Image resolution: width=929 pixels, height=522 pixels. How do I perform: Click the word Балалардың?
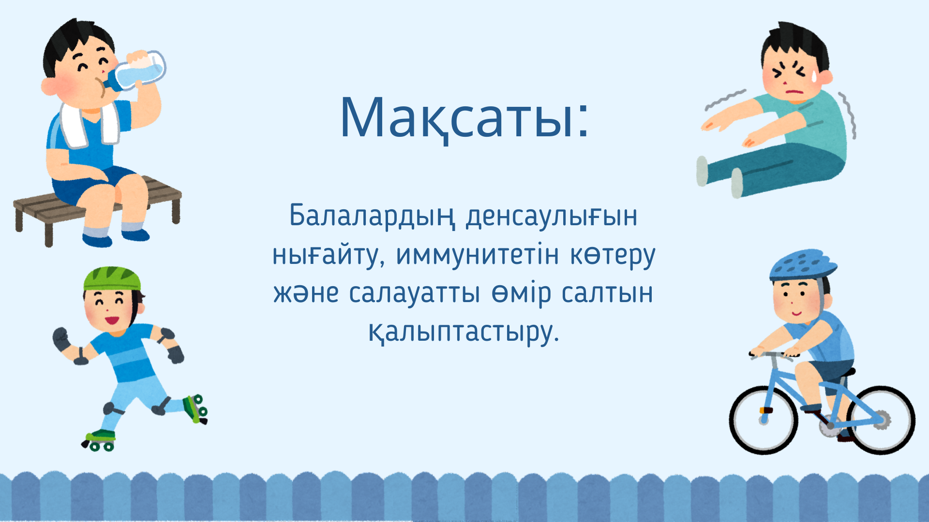[372, 217]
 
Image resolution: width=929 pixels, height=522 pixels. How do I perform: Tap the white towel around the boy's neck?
[90, 123]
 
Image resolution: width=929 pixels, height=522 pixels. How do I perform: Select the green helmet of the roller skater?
[112, 279]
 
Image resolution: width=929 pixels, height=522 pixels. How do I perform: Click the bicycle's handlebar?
[773, 356]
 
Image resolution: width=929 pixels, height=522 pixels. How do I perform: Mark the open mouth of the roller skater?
[112, 320]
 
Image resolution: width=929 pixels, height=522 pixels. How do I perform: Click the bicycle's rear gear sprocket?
[882, 420]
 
